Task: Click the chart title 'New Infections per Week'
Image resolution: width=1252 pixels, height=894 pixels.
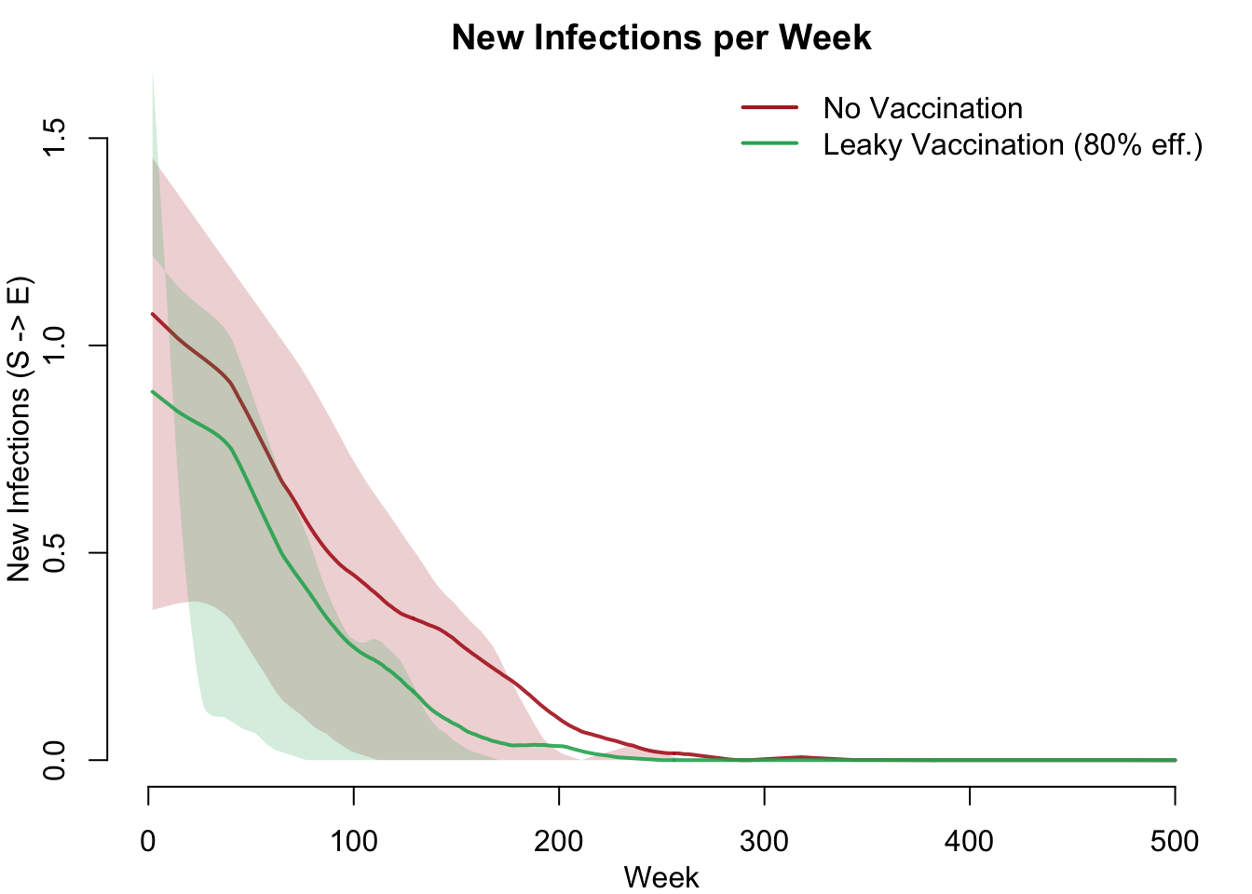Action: click(661, 38)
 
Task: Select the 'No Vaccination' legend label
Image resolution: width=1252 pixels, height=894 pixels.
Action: click(922, 109)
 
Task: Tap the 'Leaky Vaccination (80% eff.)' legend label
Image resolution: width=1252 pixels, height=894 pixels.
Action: click(1013, 145)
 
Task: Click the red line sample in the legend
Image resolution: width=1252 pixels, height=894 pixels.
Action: click(769, 108)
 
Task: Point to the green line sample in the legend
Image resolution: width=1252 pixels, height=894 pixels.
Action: click(769, 143)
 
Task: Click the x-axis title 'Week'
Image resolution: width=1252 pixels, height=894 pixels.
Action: click(661, 877)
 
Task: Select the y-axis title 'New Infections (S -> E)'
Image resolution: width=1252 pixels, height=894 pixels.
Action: click(20, 429)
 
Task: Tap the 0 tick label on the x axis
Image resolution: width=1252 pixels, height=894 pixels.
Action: click(148, 842)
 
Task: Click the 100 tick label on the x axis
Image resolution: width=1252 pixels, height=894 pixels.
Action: click(354, 842)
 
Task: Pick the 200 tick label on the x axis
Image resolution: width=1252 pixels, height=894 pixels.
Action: click(559, 842)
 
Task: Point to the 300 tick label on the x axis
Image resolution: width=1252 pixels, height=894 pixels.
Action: click(764, 842)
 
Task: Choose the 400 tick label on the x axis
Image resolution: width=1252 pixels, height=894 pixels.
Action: click(970, 842)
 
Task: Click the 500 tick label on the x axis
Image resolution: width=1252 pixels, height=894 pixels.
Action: click(1175, 842)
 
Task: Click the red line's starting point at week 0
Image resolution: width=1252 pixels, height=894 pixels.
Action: click(152, 314)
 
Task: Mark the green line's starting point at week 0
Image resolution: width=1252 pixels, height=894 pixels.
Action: click(152, 391)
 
